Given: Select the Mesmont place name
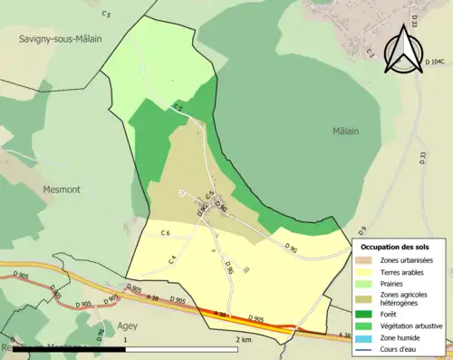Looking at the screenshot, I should [62, 190].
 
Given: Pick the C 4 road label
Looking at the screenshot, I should [170, 260].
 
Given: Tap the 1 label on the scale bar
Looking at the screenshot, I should [124, 339].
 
